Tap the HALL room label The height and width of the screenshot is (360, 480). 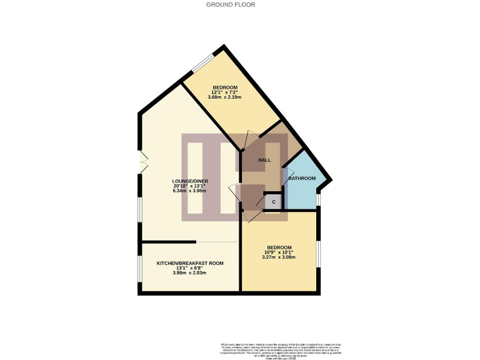(264, 160)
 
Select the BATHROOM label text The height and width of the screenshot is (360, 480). (302, 178)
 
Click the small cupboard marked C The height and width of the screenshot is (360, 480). (273, 202)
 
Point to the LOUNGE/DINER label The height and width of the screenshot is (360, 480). (191, 181)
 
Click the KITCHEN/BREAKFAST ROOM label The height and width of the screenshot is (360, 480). (190, 263)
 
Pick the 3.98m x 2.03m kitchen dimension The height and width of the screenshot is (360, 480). (190, 273)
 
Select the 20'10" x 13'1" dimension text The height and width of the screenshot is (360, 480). (191, 186)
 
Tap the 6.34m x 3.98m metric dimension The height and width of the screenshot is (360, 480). (191, 191)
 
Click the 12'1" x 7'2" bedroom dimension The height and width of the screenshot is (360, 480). (225, 92)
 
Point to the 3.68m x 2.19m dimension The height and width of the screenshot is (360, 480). (225, 97)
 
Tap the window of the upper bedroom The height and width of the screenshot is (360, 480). (202, 63)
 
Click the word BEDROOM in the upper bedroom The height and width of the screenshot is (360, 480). (225, 87)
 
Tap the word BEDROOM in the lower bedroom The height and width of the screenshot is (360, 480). (279, 247)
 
